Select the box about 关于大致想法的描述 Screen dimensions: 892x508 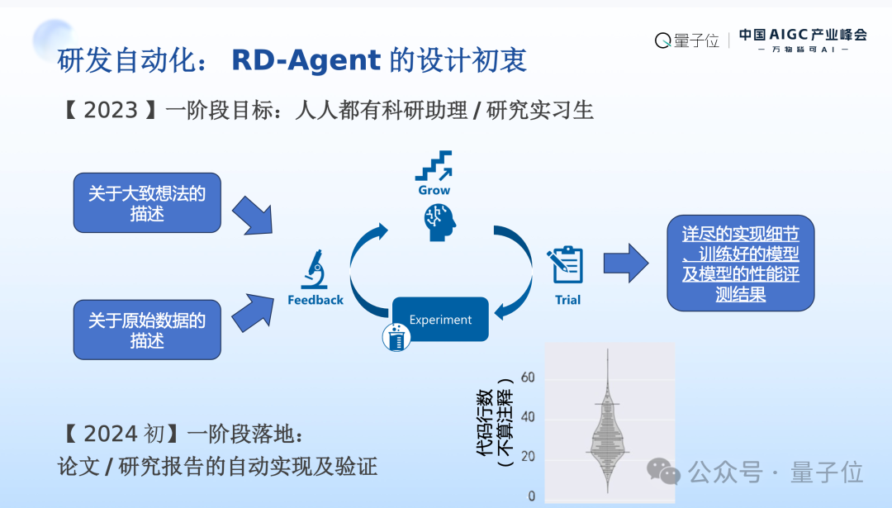[x=147, y=203]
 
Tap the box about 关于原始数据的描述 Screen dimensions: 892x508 [x=147, y=330]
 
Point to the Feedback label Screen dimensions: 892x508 [x=315, y=300]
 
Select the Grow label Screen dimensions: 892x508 [x=434, y=190]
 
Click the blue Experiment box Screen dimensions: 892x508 [x=440, y=320]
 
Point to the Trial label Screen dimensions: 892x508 [x=567, y=300]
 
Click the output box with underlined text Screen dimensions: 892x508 [x=740, y=263]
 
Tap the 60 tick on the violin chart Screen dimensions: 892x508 [x=528, y=377]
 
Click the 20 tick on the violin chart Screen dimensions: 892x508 [x=528, y=457]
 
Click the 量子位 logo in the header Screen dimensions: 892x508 [x=687, y=40]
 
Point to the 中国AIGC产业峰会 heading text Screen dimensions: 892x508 [x=803, y=35]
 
